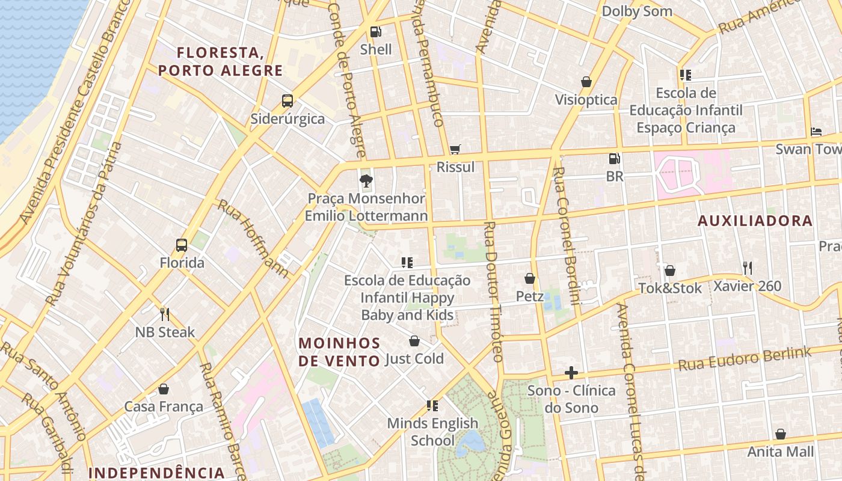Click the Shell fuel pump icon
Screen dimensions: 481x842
coord(375,31)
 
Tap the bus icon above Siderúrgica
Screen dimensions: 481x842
coord(287,100)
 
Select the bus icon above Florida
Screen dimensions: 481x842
coord(182,245)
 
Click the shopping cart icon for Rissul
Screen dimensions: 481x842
coord(455,149)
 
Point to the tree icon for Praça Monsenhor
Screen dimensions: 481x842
coord(366,180)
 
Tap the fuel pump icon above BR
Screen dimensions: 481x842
coord(614,159)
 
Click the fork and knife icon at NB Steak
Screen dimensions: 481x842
coord(165,314)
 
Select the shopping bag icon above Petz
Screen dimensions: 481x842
coord(530,278)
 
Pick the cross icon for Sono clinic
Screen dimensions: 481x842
coord(571,373)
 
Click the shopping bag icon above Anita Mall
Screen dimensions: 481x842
coord(780,434)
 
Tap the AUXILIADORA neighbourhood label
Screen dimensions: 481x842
coord(755,221)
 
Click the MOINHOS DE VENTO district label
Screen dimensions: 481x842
coord(340,352)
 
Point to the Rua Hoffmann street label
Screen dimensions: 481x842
coord(253,238)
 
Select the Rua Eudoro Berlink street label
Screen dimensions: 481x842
coord(745,359)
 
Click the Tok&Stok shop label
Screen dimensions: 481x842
coord(670,289)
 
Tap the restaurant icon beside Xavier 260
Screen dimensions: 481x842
coord(747,268)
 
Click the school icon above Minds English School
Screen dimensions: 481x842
coord(432,406)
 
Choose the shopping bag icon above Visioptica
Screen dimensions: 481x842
coord(586,82)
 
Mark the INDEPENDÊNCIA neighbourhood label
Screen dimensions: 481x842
coord(156,473)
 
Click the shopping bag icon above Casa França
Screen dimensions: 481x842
coord(164,389)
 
